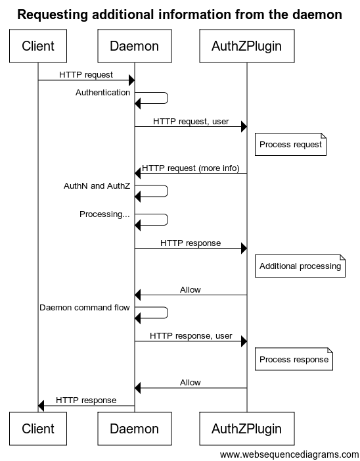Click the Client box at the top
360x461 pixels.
click(38, 46)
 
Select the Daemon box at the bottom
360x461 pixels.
click(135, 428)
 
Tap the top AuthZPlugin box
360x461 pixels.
click(246, 46)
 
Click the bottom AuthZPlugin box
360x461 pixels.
click(246, 428)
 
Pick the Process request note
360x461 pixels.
click(290, 145)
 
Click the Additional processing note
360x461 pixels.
click(300, 266)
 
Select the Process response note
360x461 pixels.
click(294, 359)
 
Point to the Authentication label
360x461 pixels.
click(102, 92)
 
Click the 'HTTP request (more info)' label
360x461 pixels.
click(191, 168)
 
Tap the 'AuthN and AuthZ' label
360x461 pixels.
click(97, 186)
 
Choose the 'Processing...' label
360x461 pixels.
click(104, 214)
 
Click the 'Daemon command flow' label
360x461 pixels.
click(85, 308)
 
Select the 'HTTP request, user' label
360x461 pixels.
click(191, 122)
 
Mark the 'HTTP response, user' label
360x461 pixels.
click(191, 336)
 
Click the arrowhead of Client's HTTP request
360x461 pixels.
click(132, 80)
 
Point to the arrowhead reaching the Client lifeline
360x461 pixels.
click(41, 406)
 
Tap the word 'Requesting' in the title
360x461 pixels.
click(53, 14)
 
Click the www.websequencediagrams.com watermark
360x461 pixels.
click(289, 454)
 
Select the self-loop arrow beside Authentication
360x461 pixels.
click(168, 98)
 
